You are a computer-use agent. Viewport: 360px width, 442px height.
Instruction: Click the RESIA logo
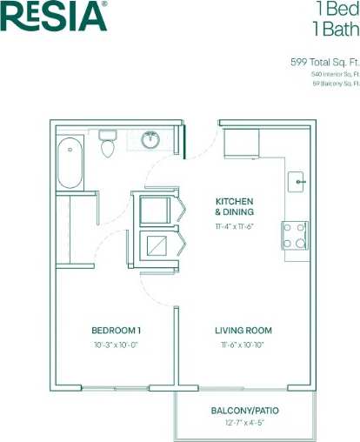[x=54, y=17]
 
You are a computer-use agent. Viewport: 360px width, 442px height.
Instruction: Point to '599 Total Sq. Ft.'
[x=324, y=62]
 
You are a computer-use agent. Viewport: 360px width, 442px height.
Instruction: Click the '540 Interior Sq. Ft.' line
[x=335, y=74]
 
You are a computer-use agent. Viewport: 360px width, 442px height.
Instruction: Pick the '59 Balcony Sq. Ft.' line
[x=335, y=84]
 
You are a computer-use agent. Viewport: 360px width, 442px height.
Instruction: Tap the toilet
[x=108, y=145]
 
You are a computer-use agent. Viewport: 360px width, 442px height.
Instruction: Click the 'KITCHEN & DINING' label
[x=235, y=206]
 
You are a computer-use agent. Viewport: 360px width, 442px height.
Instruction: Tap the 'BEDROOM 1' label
[x=117, y=331]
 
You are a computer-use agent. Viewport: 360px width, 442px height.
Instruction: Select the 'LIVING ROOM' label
[x=243, y=331]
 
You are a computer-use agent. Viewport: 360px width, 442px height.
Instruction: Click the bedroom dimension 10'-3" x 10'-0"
[x=117, y=345]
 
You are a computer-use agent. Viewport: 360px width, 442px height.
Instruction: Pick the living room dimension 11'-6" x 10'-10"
[x=243, y=345]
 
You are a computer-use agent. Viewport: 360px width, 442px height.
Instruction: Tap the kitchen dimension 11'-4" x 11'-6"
[x=235, y=225]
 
